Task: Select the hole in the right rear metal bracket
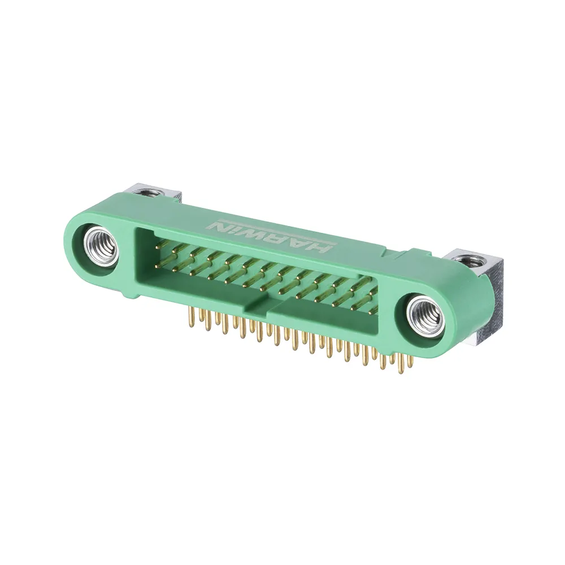point(468,260)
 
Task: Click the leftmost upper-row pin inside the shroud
point(160,245)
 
